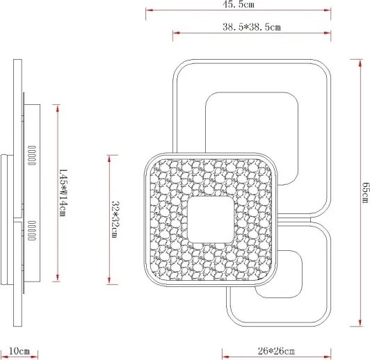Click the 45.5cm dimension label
(239, 4)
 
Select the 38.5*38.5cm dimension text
(252, 27)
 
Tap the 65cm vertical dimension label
(365, 193)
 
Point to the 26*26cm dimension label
(276, 351)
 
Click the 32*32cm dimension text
(115, 219)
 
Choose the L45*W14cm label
(63, 193)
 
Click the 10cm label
(19, 351)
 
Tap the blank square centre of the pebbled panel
(211, 220)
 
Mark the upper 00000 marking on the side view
(32, 156)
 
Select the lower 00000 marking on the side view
(32, 231)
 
